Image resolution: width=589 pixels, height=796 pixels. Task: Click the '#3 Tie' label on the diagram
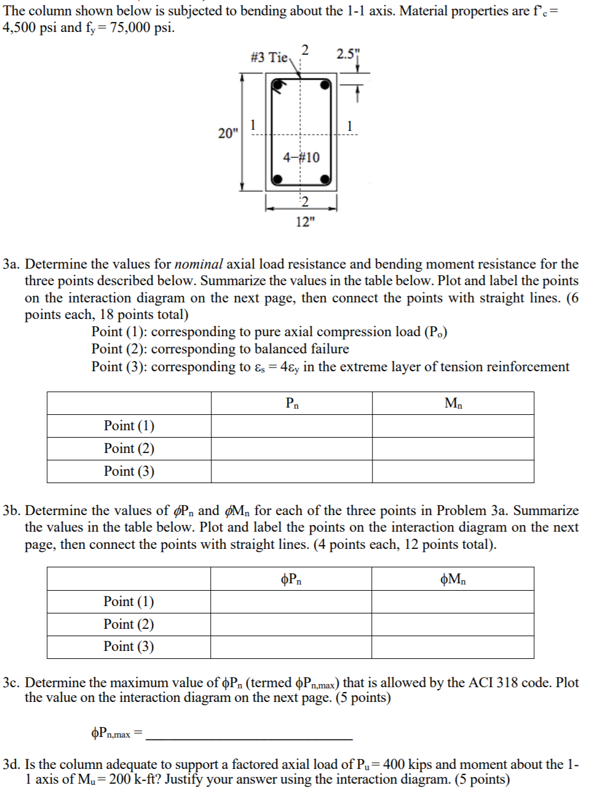269,57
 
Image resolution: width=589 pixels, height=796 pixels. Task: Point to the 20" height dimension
227,133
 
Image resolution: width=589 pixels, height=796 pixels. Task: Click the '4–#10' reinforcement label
301,157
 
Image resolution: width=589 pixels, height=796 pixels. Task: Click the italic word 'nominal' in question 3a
199,264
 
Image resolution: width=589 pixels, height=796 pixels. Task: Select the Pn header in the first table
292,403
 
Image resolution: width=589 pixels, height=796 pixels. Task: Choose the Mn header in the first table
453,403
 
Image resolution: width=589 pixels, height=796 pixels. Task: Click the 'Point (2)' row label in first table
129,449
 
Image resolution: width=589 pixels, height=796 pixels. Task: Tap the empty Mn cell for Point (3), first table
453,471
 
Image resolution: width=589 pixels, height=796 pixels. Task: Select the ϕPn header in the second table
291,579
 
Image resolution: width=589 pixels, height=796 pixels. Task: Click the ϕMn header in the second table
453,579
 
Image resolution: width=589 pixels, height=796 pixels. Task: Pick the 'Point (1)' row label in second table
128,602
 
